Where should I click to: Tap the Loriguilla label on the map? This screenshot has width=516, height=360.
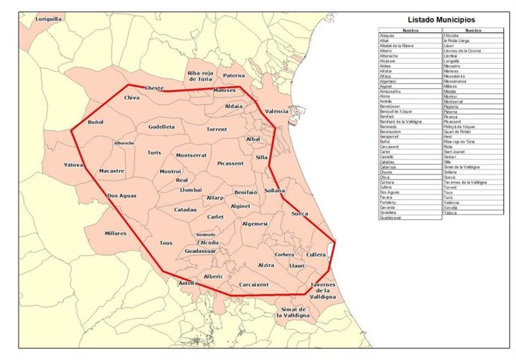49,19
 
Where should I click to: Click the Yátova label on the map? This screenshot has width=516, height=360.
73,164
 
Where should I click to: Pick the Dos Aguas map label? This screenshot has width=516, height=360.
121,196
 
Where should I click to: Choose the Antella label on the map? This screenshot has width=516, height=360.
188,284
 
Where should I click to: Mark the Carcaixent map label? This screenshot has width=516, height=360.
254,284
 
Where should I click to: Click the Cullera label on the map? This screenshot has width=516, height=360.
316,254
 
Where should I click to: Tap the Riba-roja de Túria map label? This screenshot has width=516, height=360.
201,76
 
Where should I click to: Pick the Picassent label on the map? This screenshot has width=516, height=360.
230,162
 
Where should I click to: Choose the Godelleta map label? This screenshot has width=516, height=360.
161,127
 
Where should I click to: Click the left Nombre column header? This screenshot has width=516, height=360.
410,31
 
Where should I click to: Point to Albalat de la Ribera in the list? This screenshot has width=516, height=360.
396,45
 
